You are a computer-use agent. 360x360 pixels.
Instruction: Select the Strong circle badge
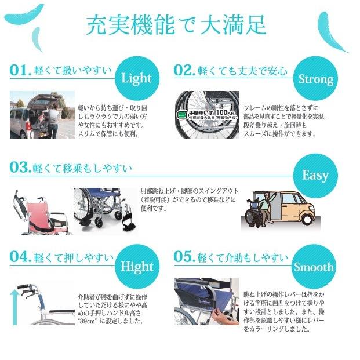315,79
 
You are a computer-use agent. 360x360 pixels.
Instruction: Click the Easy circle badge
315,175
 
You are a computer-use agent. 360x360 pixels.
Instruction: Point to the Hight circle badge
136,267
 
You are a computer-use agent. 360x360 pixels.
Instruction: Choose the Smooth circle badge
314,267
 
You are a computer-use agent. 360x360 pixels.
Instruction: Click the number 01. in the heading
20,71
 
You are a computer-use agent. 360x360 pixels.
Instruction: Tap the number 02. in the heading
186,71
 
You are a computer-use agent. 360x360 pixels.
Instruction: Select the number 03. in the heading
20,168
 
